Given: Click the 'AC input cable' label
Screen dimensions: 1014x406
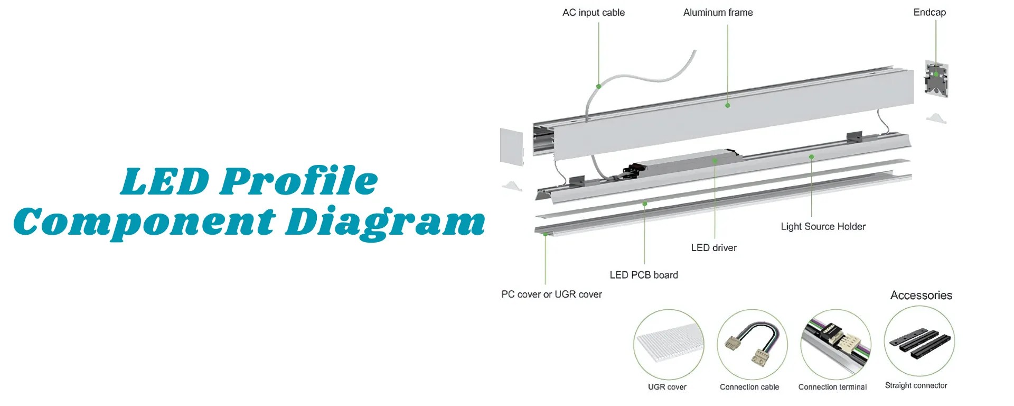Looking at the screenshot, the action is pos(593,13).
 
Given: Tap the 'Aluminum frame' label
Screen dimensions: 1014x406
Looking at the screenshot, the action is pos(718,13).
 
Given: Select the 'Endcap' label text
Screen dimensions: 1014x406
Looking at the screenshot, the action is pos(929,13).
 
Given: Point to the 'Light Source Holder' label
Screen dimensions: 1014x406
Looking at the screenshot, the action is pos(823,227).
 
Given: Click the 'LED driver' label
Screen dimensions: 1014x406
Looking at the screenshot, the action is pos(713,248).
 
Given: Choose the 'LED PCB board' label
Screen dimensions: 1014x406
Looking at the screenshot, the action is pos(643,275).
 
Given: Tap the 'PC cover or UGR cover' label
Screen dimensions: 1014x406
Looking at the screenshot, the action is pos(551,294).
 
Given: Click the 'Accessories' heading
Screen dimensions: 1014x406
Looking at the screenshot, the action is pos(921,296).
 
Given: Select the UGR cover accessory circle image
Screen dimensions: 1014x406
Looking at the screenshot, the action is pos(669,344).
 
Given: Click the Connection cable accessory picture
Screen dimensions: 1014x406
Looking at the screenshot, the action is pos(752,344).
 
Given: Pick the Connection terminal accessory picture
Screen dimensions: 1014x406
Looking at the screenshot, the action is pos(835,344).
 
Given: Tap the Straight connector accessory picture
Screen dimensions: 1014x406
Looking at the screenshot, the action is pos(919,341).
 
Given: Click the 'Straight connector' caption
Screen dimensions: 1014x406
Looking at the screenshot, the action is pos(916,386).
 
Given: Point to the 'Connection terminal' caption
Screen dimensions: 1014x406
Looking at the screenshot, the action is pos(832,387).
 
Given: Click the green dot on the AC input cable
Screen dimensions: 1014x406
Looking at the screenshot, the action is pos(599,86).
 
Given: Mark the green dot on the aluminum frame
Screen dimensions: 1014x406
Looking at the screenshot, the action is pos(727,105).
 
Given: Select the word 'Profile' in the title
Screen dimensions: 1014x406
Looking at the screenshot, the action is pos(299,181).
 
